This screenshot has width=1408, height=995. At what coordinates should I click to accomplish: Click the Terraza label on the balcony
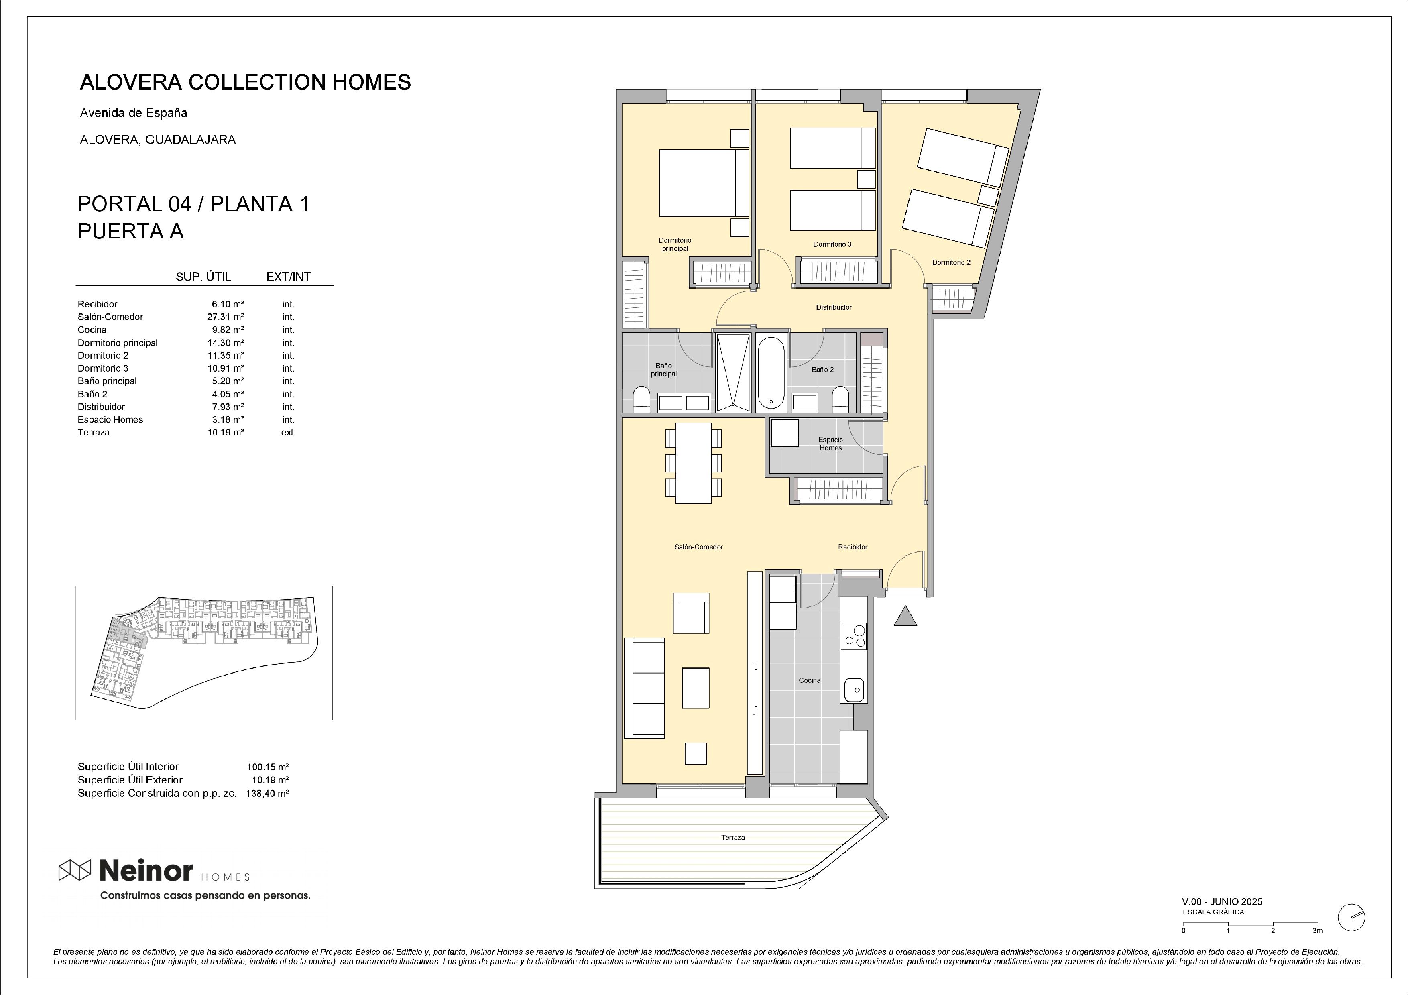tap(733, 837)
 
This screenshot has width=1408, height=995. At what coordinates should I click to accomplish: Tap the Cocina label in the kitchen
tap(810, 680)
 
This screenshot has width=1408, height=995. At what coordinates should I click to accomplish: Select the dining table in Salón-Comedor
tap(694, 463)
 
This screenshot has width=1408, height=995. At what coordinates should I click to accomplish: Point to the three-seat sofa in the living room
tap(644, 688)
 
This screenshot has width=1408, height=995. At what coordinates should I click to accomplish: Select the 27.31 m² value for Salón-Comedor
tap(225, 317)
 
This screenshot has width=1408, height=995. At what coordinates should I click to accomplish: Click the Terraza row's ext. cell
tap(288, 433)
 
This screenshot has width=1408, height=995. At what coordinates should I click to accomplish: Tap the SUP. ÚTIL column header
tap(203, 277)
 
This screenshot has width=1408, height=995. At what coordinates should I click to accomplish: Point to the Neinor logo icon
tap(75, 869)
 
